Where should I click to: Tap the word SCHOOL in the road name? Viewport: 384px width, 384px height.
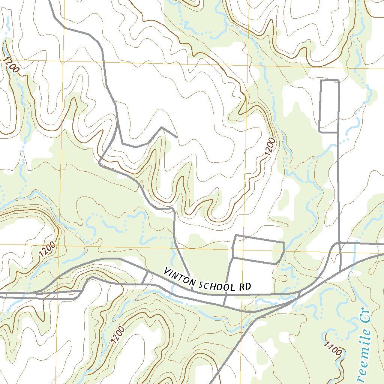pyautogui.click(x=218, y=285)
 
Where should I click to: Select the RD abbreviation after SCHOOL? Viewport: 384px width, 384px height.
pyautogui.click(x=244, y=288)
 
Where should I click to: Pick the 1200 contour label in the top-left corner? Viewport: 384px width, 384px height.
pyautogui.click(x=12, y=64)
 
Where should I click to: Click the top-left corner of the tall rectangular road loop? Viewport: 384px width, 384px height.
pyautogui.click(x=321, y=81)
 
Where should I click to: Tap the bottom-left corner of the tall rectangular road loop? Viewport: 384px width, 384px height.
pyautogui.click(x=319, y=132)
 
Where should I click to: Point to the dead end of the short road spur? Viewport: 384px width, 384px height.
pyautogui.click(x=177, y=136)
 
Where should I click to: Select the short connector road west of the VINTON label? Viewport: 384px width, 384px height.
pyautogui.click(x=145, y=278)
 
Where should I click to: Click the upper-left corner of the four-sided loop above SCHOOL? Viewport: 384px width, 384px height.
pyautogui.click(x=235, y=235)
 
